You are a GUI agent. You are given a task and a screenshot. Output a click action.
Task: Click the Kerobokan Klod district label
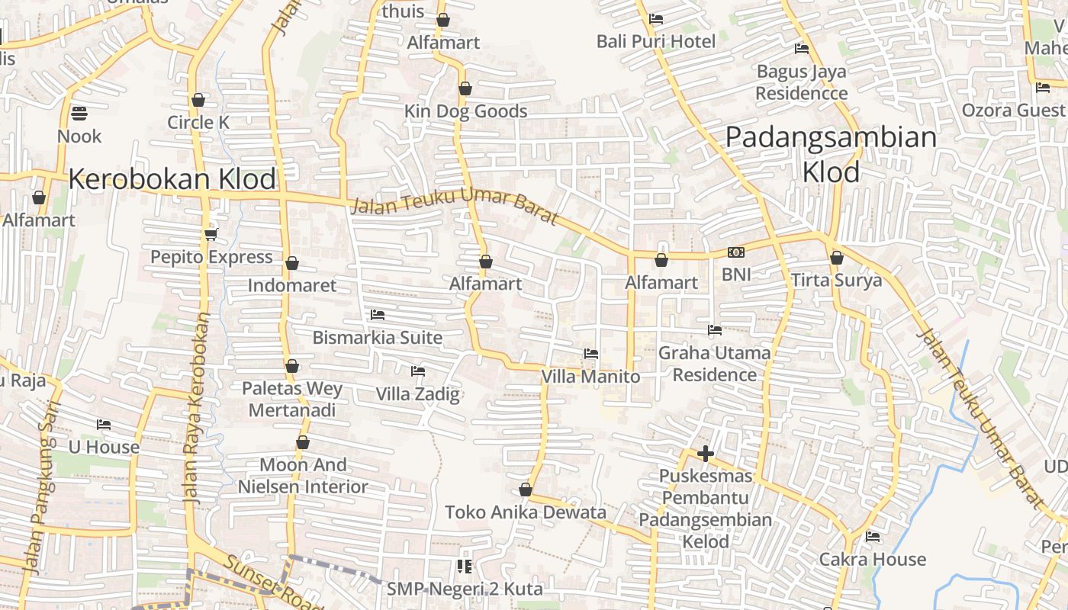pyautogui.click(x=172, y=179)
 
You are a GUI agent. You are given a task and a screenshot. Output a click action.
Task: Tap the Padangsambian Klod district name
pyautogui.click(x=831, y=154)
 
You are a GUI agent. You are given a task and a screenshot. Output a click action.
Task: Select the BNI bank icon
pyautogui.click(x=736, y=252)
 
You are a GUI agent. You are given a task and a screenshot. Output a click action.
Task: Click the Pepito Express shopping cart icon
pyautogui.click(x=211, y=234)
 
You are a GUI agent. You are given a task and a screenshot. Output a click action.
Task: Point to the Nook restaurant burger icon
pyautogui.click(x=79, y=114)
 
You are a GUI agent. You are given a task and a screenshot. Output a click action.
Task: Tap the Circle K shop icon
pyautogui.click(x=198, y=100)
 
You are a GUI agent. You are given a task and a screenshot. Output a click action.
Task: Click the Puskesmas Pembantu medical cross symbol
pyautogui.click(x=706, y=454)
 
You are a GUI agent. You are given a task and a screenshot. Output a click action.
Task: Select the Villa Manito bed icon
pyautogui.click(x=590, y=354)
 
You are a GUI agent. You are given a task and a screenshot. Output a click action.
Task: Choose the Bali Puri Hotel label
pyautogui.click(x=656, y=41)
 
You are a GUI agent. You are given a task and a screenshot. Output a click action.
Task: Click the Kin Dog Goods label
pyautogui.click(x=465, y=111)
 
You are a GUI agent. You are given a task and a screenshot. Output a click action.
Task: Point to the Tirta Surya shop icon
pyautogui.click(x=837, y=258)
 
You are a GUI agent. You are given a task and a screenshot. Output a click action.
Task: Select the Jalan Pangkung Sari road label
pyautogui.click(x=41, y=488)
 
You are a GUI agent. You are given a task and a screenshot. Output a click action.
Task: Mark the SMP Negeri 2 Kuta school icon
pyautogui.click(x=464, y=566)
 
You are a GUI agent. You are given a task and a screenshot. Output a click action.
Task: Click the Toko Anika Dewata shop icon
pyautogui.click(x=525, y=490)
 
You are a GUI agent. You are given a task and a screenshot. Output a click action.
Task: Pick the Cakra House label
pyautogui.click(x=872, y=560)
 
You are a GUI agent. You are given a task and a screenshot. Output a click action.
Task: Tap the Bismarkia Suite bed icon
pyautogui.click(x=377, y=315)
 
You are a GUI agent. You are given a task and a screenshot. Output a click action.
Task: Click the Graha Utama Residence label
pyautogui.click(x=715, y=364)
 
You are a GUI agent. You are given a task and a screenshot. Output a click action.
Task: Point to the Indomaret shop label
pyautogui.click(x=292, y=286)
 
